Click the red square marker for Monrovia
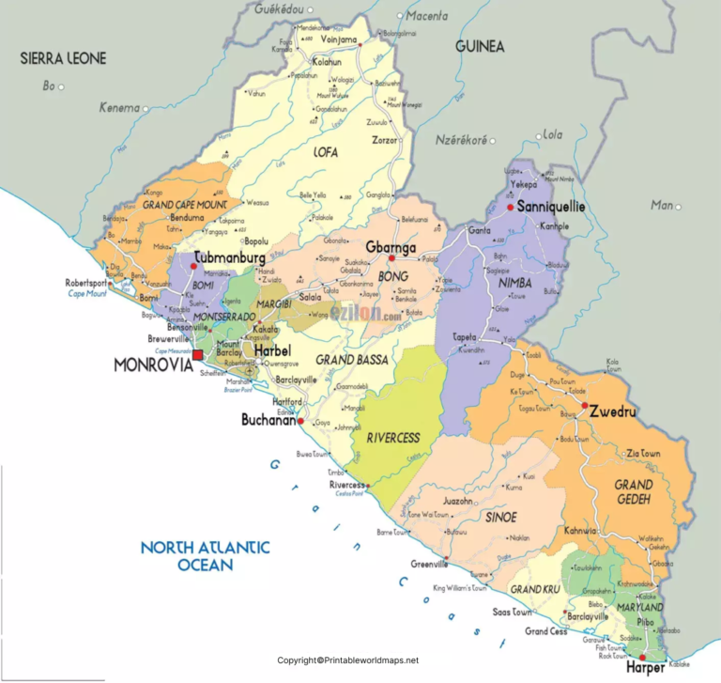[198, 355]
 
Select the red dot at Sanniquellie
[510, 207]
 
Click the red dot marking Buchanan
[300, 423]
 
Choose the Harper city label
[645, 668]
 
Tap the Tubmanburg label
[228, 256]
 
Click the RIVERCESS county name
[393, 437]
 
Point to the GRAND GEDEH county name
[634, 492]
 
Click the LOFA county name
[325, 151]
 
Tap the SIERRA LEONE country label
[64, 58]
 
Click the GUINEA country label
[480, 46]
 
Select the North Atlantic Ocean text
[205, 555]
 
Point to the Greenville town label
[429, 564]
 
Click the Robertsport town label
[85, 283]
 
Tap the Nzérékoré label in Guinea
[461, 140]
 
